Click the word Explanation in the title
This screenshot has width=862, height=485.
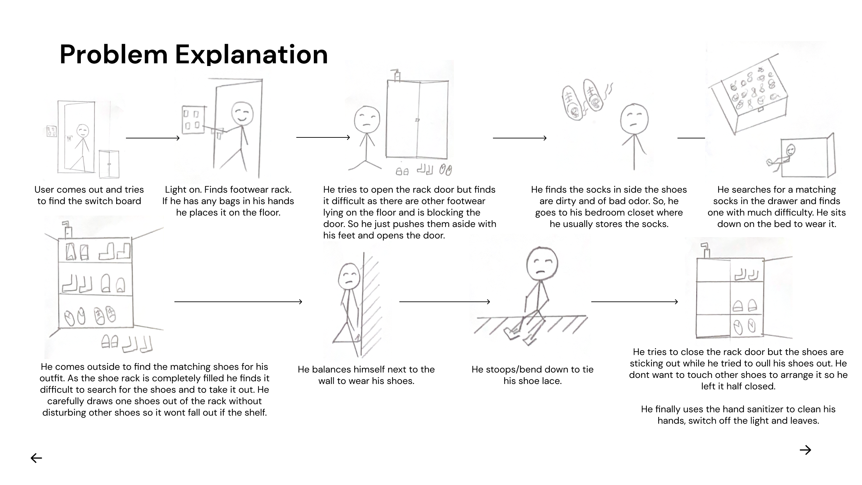[x=251, y=54]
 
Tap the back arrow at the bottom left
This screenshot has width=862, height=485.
[x=36, y=458]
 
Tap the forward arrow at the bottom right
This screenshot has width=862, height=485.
[x=805, y=450]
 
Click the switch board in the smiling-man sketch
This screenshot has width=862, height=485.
[x=193, y=120]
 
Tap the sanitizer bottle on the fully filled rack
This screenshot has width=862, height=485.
[x=68, y=230]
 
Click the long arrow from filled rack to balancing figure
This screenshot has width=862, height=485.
[x=238, y=302]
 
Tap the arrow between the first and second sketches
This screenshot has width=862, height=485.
[x=153, y=138]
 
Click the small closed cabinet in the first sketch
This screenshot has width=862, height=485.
[x=109, y=164]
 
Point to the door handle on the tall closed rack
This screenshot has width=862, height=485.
[x=418, y=120]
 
